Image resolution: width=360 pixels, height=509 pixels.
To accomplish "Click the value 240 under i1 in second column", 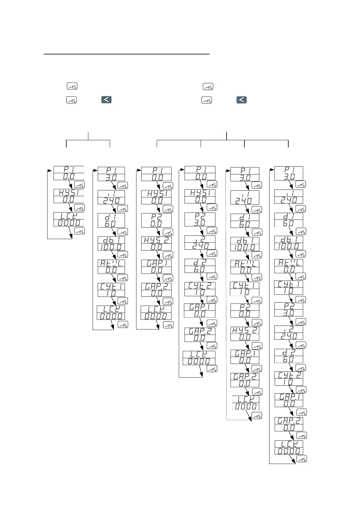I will (x=111, y=201).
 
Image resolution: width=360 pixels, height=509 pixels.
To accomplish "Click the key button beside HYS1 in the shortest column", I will (x=80, y=208).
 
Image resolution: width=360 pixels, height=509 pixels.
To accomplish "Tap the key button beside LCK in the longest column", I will (x=302, y=459).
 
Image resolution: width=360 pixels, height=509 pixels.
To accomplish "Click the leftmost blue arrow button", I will (x=106, y=99).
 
